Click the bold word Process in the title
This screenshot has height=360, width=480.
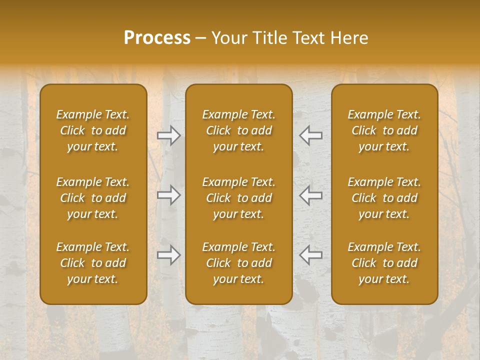click(x=157, y=38)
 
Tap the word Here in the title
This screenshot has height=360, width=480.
click(x=350, y=38)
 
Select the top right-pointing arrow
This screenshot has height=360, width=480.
click(x=168, y=135)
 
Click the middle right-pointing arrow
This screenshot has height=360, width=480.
click(x=168, y=195)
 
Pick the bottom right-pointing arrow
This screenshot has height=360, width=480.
click(x=168, y=255)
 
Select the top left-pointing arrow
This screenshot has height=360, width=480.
click(x=311, y=135)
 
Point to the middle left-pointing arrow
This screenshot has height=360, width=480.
click(x=311, y=195)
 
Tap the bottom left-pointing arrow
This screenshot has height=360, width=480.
click(x=311, y=255)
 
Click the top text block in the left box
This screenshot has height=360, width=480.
click(x=93, y=130)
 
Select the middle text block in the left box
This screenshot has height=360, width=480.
click(x=93, y=198)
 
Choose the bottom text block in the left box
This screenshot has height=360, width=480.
click(x=93, y=263)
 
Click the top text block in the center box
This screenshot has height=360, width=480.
click(x=238, y=130)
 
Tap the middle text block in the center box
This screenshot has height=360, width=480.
click(x=238, y=198)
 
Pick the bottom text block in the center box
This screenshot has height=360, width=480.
click(x=238, y=263)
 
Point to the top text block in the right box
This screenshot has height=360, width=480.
click(x=384, y=130)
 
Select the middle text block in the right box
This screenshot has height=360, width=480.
click(x=384, y=198)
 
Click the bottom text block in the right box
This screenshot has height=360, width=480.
click(x=384, y=263)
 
